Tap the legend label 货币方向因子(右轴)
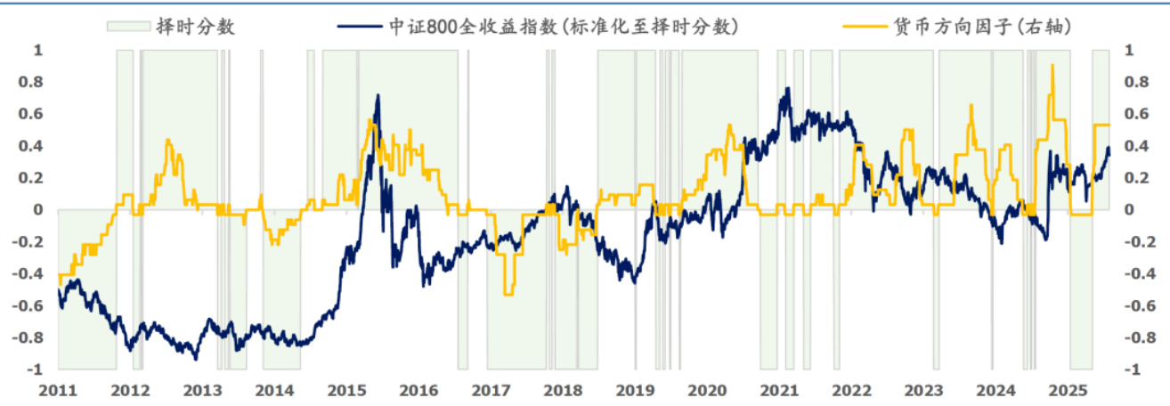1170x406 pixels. coord(981,27)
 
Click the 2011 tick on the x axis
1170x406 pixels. coord(59,391)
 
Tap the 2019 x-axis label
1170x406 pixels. coord(636,391)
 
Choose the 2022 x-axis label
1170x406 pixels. coord(852,391)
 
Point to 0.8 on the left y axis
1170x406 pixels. coord(31,83)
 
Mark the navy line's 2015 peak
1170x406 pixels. coord(378,95)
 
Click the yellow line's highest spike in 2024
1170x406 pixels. coord(1052,65)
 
